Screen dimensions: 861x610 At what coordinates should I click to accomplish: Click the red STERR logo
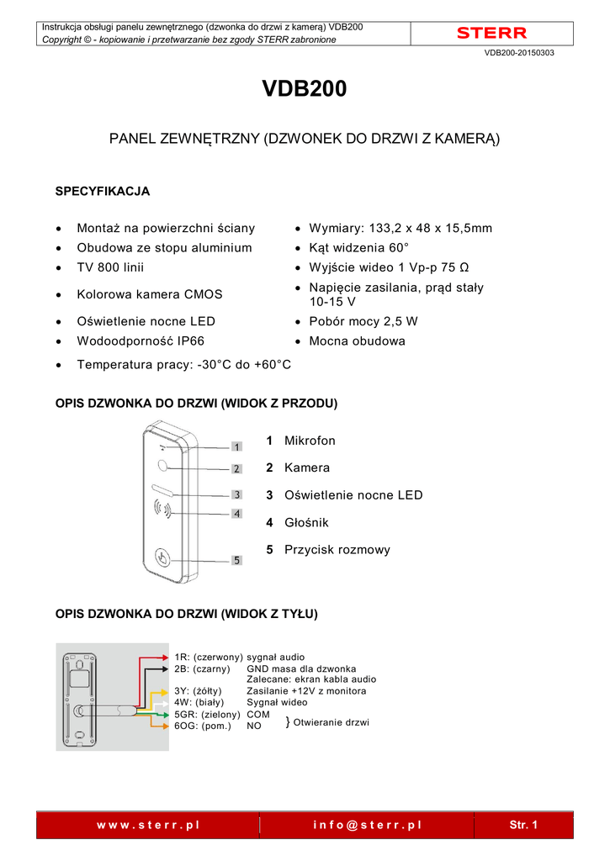(x=491, y=34)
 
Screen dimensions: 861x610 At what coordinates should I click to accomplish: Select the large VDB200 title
(x=305, y=90)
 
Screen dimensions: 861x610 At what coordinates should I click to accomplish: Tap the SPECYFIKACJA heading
(x=102, y=191)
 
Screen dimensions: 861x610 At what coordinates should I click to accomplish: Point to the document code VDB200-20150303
(x=519, y=53)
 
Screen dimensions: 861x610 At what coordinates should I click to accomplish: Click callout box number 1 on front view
(x=237, y=446)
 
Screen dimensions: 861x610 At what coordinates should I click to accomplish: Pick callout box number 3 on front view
(x=237, y=495)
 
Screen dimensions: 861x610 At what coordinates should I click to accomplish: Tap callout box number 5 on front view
(x=237, y=560)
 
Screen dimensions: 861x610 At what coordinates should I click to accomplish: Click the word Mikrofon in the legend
(x=310, y=441)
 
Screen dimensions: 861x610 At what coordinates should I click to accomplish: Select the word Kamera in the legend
(x=307, y=467)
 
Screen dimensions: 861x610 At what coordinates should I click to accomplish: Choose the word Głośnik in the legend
(x=306, y=522)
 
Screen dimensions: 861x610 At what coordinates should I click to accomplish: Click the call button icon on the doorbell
(x=162, y=556)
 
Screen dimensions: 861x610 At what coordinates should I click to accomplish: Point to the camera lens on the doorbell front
(x=161, y=467)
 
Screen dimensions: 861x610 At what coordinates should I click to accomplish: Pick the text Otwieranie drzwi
(x=331, y=722)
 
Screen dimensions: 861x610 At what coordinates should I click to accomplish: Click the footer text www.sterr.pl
(x=148, y=825)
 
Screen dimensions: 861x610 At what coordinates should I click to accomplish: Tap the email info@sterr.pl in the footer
(x=367, y=825)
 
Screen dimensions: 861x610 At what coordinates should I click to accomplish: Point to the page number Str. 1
(x=523, y=825)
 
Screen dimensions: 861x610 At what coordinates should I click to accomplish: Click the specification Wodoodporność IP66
(x=141, y=341)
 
